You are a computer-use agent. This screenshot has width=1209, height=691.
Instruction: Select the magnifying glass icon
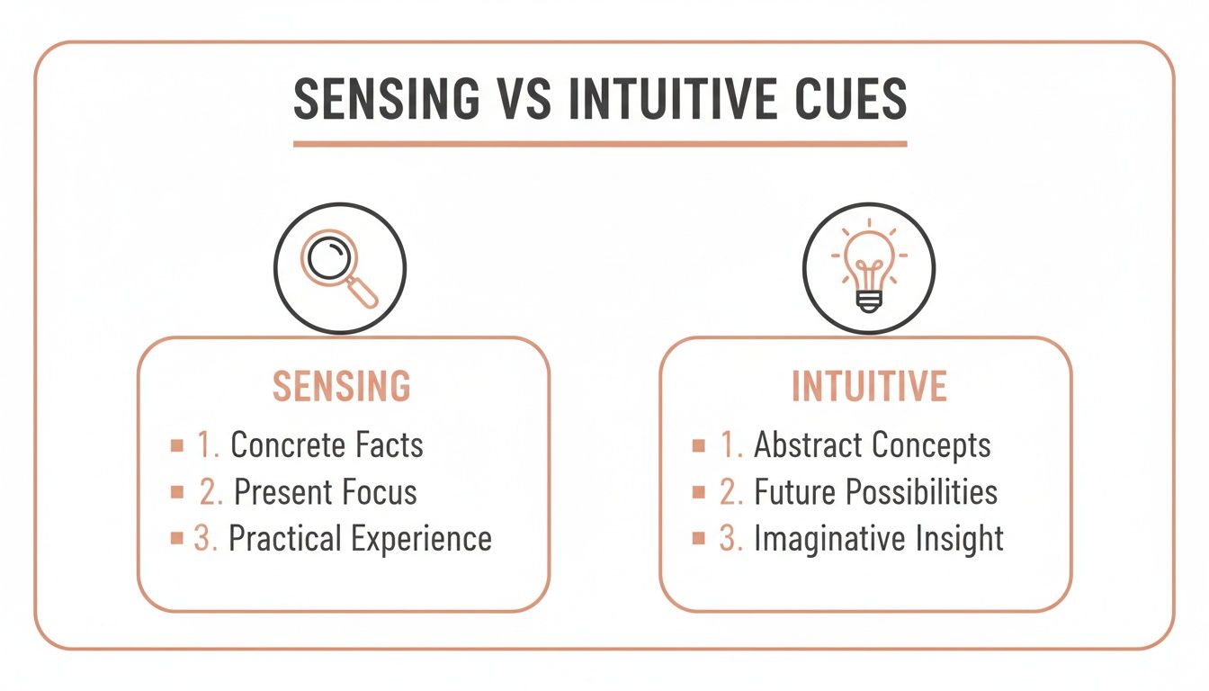[339, 267]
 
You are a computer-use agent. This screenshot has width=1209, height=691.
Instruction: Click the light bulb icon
[868, 267]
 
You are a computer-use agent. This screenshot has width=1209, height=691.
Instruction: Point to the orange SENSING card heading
[342, 386]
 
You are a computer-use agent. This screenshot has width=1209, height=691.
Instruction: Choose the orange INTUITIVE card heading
[869, 386]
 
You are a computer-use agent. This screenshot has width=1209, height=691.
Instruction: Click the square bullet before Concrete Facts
[176, 444]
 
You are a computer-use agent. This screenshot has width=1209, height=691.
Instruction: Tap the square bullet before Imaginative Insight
[698, 538]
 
